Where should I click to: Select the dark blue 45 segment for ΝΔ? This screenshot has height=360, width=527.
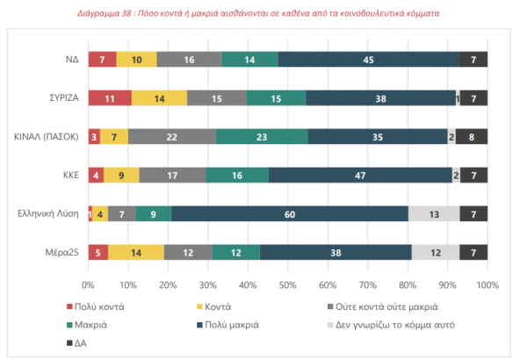(368, 59)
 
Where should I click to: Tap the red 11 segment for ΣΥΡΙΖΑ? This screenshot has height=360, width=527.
(110, 97)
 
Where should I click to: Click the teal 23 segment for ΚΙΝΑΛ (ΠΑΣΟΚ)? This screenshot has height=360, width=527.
(262, 136)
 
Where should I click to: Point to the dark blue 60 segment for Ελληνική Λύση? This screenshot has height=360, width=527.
(290, 213)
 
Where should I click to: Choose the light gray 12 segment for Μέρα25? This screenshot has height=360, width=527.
(436, 252)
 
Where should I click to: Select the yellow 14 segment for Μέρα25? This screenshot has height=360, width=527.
(136, 252)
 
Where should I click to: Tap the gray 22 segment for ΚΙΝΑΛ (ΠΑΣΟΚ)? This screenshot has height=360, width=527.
(172, 136)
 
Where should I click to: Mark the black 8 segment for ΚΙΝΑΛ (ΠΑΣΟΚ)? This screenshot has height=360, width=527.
(472, 136)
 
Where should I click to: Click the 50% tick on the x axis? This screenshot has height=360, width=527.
(288, 286)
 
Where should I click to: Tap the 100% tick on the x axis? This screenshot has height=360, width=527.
(487, 286)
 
